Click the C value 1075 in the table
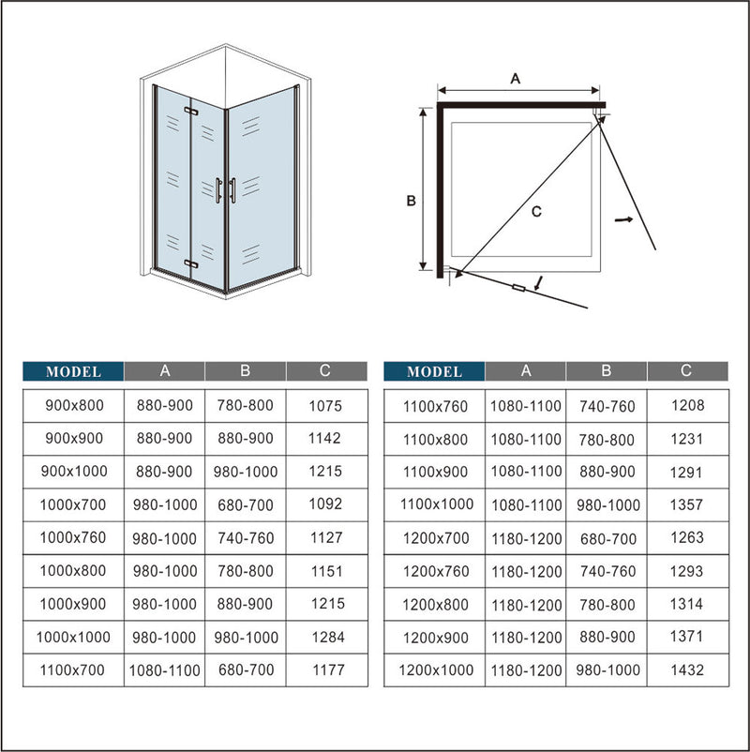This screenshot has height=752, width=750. (325, 406)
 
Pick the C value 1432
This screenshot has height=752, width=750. (686, 669)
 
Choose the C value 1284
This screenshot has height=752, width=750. (325, 637)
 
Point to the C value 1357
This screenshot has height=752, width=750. (686, 504)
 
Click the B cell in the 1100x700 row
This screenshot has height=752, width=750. (245, 670)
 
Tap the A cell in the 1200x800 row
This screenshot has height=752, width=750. (526, 605)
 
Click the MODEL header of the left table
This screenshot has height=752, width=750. (73, 371)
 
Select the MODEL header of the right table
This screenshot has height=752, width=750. (434, 371)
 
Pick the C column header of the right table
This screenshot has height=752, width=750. (686, 371)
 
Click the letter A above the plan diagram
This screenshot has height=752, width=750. (515, 80)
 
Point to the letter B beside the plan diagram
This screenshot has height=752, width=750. (410, 200)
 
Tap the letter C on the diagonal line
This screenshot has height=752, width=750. (535, 212)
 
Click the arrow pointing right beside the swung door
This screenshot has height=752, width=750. (622, 218)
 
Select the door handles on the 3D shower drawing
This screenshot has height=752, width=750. (225, 189)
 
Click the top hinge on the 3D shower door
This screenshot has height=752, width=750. (193, 113)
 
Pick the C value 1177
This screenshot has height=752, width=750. (325, 670)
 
